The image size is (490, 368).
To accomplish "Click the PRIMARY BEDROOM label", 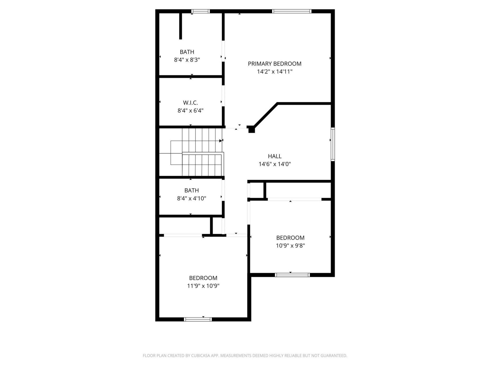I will (275, 64).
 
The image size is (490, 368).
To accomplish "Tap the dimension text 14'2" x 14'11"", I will (275, 72).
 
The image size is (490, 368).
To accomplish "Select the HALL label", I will (275, 156).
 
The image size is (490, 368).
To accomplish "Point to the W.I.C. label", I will (190, 103).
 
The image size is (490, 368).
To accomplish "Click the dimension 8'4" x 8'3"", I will (187, 60).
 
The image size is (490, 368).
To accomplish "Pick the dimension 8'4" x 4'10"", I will (191, 198).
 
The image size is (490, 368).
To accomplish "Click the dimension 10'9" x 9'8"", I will (290, 246).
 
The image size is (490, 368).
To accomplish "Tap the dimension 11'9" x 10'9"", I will (203, 286).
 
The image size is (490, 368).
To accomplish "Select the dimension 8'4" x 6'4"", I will (190, 111).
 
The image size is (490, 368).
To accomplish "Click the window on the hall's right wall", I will (333, 144).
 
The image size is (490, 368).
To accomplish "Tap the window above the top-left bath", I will (200, 11).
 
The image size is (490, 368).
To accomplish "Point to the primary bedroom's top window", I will (292, 11).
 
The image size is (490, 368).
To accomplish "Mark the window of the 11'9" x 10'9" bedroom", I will (198, 319).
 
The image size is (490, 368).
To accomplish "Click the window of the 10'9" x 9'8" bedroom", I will (292, 275).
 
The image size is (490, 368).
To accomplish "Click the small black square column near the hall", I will (252, 130).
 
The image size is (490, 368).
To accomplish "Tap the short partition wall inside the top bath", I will (180, 26).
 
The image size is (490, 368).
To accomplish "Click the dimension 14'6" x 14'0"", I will (275, 164).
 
